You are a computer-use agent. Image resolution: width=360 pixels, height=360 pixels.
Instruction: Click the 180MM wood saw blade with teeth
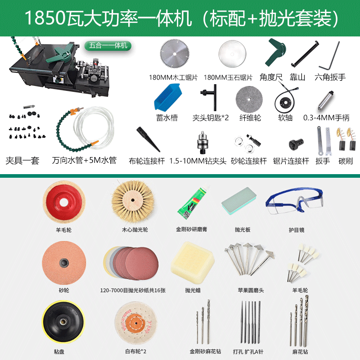[x=175, y=54]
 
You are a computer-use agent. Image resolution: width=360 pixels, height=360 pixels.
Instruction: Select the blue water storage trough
[x=168, y=97]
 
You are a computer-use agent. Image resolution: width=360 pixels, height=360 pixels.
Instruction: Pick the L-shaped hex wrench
[x=329, y=56]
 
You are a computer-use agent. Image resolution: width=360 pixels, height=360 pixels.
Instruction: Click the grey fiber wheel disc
[x=249, y=99]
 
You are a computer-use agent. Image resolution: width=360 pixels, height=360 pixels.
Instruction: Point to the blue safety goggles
[x=295, y=201]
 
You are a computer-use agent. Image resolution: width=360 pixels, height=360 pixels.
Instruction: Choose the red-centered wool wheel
[x=64, y=202]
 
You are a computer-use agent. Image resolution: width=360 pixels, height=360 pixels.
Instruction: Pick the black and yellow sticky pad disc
[x=63, y=322]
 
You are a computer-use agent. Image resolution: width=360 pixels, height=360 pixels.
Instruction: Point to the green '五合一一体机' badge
[x=108, y=45]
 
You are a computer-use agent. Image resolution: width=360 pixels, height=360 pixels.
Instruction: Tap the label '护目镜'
[x=297, y=230]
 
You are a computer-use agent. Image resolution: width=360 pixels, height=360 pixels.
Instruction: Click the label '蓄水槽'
[x=167, y=118]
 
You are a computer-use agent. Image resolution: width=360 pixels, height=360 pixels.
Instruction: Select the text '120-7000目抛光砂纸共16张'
[x=133, y=290]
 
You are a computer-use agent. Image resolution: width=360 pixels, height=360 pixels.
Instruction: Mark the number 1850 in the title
[x=45, y=18]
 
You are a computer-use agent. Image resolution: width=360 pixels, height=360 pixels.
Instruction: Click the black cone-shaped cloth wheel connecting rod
[x=148, y=139]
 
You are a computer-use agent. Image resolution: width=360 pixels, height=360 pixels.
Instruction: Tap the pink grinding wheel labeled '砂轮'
[x=64, y=263]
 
